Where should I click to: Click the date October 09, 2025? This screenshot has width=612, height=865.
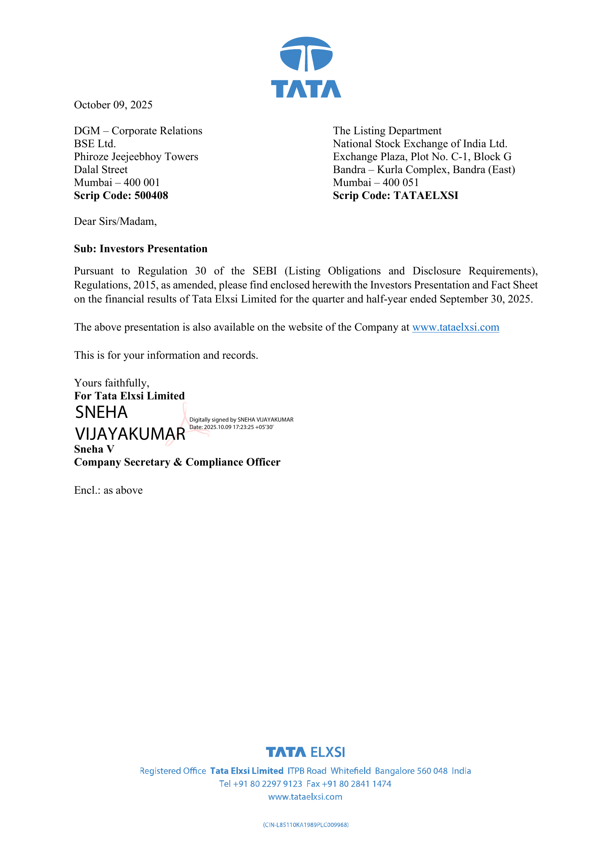113,105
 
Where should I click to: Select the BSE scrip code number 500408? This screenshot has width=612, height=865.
151,196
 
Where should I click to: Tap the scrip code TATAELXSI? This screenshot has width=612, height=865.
426,196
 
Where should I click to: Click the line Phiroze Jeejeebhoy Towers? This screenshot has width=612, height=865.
136,157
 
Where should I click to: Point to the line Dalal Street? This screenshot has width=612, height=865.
101,169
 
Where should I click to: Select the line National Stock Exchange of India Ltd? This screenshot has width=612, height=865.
420,144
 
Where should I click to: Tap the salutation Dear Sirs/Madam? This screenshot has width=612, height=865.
115,222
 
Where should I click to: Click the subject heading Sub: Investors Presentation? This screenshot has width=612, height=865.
141,249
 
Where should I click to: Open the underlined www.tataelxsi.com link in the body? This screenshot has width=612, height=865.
455,327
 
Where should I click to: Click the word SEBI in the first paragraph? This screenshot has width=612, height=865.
265,271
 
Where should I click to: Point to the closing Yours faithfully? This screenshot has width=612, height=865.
111,383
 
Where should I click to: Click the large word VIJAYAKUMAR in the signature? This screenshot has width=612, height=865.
130,434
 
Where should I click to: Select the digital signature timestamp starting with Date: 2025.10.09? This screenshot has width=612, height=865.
231,427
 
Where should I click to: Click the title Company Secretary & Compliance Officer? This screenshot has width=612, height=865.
177,462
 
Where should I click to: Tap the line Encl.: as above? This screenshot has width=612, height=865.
108,490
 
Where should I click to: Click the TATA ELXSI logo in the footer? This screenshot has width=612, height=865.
305,752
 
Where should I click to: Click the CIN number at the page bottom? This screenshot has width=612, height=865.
306,825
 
